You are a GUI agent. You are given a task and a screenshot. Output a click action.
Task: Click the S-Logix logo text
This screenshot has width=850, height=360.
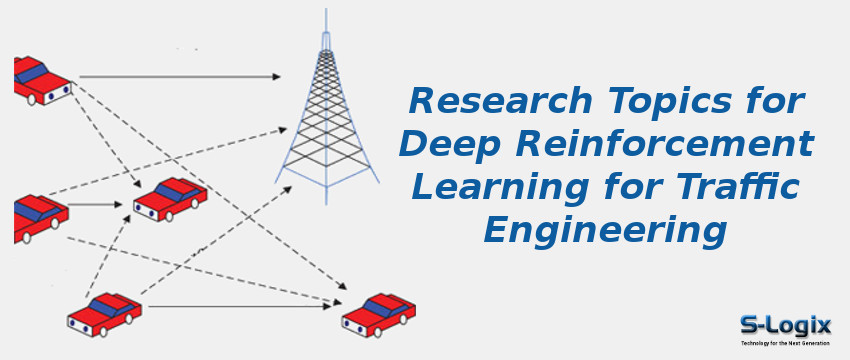tap(786, 323)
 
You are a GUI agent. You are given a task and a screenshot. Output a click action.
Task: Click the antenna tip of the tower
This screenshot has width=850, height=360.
tap(324, 15)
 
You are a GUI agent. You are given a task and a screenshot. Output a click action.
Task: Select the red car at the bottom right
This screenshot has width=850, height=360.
tap(378, 314)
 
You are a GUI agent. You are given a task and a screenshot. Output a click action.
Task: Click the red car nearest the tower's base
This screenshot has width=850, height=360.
tap(170, 200)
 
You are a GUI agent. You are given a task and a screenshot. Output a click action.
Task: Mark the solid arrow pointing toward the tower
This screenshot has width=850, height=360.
tap(180, 76)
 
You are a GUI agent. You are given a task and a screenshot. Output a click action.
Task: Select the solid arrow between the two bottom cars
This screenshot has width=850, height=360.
tap(240, 306)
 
